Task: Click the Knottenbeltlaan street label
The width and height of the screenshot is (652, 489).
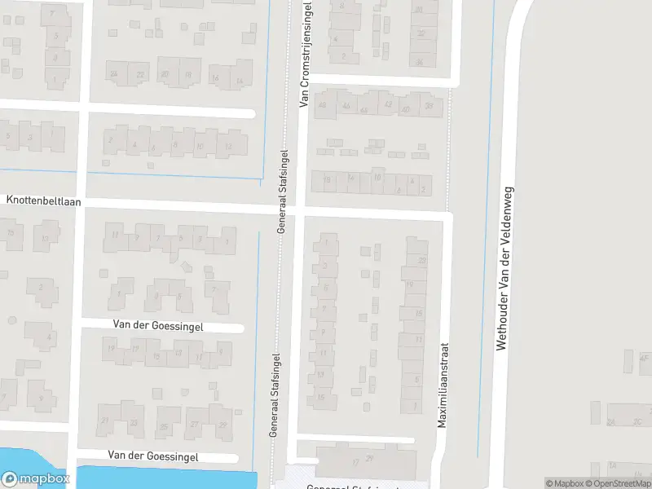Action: pyautogui.click(x=44, y=200)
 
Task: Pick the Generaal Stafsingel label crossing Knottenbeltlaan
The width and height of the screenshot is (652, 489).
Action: pyautogui.click(x=282, y=192)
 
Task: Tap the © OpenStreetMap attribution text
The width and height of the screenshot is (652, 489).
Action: pyautogui.click(x=617, y=483)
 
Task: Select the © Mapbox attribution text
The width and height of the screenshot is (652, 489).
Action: pyautogui.click(x=564, y=483)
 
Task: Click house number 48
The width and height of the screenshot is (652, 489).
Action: pyautogui.click(x=322, y=105)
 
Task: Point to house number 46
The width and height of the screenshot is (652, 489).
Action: pyautogui.click(x=346, y=106)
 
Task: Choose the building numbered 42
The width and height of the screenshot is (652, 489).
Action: pyautogui.click(x=388, y=104)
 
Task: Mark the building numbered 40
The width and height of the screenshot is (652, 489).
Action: pyautogui.click(x=407, y=109)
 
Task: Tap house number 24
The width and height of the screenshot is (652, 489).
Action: pyautogui.click(x=114, y=74)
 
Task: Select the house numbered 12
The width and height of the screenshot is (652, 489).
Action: pyautogui.click(x=229, y=147)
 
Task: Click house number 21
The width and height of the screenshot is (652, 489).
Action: pyautogui.click(x=104, y=421)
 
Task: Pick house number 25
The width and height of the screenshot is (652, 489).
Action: pyautogui.click(x=165, y=426)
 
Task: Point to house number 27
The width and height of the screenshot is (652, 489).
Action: pyautogui.click(x=194, y=425)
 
